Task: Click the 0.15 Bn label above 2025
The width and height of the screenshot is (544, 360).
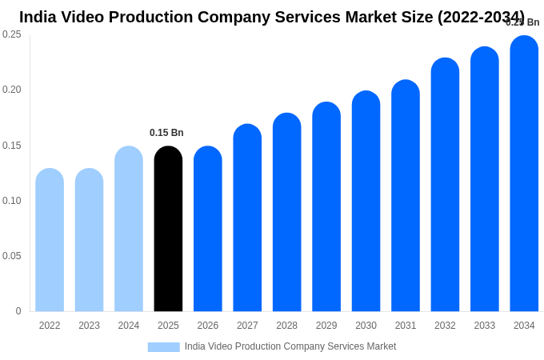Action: click(x=166, y=133)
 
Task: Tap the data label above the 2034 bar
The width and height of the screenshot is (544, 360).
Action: click(x=522, y=22)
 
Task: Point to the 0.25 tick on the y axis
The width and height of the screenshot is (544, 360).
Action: click(x=12, y=34)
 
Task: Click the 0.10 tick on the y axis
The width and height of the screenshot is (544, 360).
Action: click(x=12, y=201)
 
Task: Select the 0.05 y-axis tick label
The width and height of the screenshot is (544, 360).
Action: click(x=12, y=256)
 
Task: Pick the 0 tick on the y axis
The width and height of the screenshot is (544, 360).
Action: click(x=18, y=311)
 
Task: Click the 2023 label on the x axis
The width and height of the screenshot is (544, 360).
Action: click(x=89, y=326)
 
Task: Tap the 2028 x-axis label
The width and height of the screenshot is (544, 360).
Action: click(x=286, y=326)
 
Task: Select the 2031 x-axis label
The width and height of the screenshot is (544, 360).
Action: click(x=406, y=326)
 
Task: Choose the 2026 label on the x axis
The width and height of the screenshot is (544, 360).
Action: click(x=208, y=326)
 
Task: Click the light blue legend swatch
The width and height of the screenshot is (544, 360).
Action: click(x=163, y=347)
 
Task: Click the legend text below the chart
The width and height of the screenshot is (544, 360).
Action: click(x=290, y=346)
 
